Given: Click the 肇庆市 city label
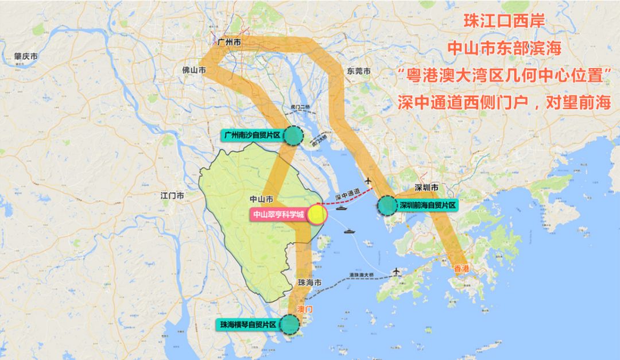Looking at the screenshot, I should pyautogui.click(x=26, y=56).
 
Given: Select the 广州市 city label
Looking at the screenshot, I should pyautogui.click(x=230, y=43).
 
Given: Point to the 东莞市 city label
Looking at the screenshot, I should pyautogui.click(x=359, y=71).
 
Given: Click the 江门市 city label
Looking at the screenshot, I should pyautogui.click(x=172, y=196).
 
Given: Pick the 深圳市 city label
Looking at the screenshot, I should pyautogui.click(x=427, y=188).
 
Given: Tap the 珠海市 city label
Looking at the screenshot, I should pyautogui.click(x=309, y=282).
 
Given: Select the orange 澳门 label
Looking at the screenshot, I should pyautogui.click(x=304, y=309).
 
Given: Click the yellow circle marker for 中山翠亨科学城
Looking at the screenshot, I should pyautogui.click(x=317, y=215).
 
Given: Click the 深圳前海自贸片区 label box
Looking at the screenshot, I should pyautogui.click(x=428, y=204).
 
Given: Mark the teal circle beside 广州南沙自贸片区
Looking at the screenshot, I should pyautogui.click(x=293, y=136).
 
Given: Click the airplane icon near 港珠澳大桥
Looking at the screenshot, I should pyautogui.click(x=396, y=270).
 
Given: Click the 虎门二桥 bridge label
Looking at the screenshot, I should pyautogui.click(x=299, y=107).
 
